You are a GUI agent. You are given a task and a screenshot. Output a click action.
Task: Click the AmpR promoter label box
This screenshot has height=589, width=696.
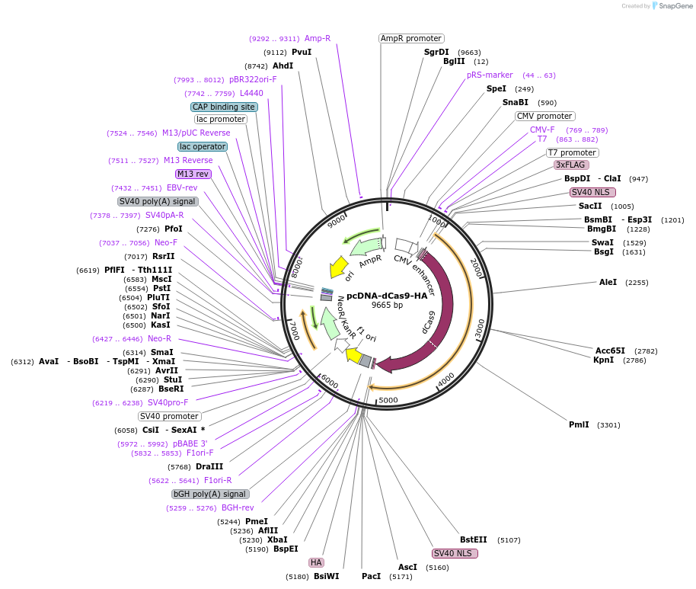pos(411,38)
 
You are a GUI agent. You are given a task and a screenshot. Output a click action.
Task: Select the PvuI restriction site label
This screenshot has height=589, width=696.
pos(302,52)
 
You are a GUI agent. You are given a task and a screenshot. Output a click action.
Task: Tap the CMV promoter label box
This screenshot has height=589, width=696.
pos(544,116)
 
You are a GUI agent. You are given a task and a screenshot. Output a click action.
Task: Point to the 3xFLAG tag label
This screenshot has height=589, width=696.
pos(571,165)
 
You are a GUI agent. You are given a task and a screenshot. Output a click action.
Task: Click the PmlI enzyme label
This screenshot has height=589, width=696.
pos(579,424)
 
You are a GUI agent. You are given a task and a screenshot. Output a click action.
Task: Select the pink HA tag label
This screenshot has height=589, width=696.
pos(316,562)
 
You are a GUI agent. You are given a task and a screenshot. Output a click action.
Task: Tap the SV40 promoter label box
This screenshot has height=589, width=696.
pos(170,416)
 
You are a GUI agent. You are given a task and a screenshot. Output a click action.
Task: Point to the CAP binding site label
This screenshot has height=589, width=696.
pos(224,107)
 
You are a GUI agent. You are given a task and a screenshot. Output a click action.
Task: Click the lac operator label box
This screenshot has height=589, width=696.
pos(203,146)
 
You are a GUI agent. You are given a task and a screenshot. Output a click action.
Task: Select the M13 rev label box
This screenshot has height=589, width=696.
pos(193,174)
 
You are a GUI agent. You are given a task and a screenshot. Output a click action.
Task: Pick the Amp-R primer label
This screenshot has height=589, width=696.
pos(318,38)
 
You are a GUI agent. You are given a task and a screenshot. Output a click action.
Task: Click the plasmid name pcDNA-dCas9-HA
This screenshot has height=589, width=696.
pos(388,296)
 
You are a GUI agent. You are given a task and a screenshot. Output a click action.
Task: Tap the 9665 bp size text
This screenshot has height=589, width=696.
pos(388,305)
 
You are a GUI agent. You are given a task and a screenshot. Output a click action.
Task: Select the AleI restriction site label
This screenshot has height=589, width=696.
pos(608,282)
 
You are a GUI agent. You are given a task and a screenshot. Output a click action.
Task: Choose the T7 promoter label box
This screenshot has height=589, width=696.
pos(573,152)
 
